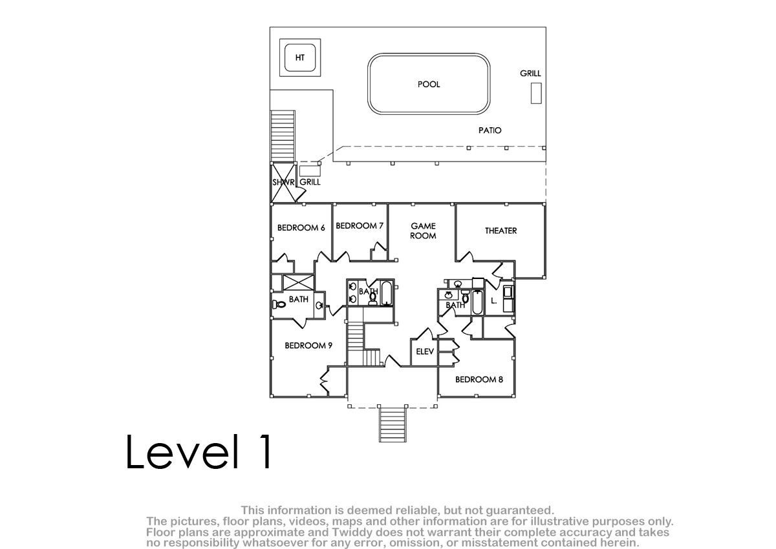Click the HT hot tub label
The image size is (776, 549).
[x=300, y=57]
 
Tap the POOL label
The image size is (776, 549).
[x=429, y=85]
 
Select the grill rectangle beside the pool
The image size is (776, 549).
[x=536, y=93]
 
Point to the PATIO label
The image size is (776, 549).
[x=490, y=130]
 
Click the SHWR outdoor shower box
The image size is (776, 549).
[x=283, y=182]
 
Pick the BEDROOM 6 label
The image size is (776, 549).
[x=301, y=227]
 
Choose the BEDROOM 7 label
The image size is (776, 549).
[x=360, y=226]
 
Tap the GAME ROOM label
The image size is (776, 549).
[x=423, y=231]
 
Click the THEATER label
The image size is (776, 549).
[x=501, y=231]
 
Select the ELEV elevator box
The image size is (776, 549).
[x=424, y=352]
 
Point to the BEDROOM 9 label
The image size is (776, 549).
[x=308, y=346]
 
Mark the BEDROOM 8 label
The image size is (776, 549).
[x=479, y=380]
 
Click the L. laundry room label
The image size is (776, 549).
[x=493, y=301]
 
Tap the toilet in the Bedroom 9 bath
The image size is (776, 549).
[x=279, y=305]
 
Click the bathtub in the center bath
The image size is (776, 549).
[x=387, y=294]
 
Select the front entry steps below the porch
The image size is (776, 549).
[x=393, y=424]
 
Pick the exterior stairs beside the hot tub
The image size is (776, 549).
[x=283, y=136]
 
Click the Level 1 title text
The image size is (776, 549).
[x=199, y=451]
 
